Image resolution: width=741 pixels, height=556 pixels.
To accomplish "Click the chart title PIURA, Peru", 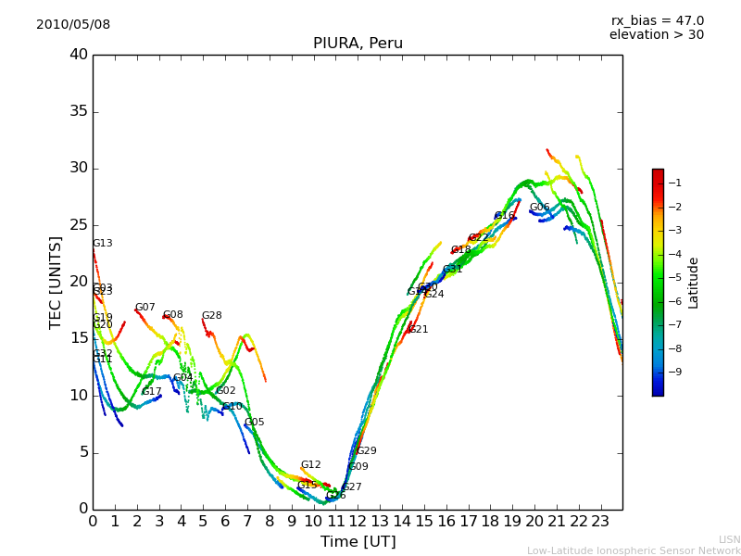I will [x=358, y=44].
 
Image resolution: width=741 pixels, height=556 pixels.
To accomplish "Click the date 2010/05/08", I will [x=73, y=25].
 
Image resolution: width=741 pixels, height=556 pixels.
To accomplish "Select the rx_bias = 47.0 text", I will [x=657, y=21].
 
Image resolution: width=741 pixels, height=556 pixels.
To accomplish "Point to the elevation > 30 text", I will [x=656, y=35].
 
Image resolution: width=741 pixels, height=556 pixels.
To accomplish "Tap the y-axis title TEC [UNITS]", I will [x=56, y=282].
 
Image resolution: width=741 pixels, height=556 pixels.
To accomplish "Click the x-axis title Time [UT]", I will [x=358, y=542].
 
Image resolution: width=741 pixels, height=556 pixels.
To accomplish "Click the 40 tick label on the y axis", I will [x=79, y=55].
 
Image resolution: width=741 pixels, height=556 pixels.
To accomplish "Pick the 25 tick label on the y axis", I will [x=79, y=225].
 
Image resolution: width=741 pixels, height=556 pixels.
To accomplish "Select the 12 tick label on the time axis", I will [x=358, y=521].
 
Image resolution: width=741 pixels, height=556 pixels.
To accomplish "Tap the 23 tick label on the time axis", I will [x=600, y=521].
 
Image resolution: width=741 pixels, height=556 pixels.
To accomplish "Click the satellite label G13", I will [x=103, y=244].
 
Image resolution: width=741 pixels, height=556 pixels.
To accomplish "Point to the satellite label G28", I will [x=212, y=316].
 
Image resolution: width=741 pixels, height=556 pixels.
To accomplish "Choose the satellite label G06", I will [x=540, y=208].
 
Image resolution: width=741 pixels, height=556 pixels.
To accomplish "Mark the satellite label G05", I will [x=255, y=423].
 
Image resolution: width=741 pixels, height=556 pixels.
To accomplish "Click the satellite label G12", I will [x=311, y=465].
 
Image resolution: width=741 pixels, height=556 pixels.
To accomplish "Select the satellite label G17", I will [x=152, y=392].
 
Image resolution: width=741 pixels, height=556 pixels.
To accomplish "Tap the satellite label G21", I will [x=419, y=330].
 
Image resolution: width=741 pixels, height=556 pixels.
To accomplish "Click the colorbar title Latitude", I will [x=694, y=283].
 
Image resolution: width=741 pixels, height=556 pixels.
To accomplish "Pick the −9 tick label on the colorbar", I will [x=674, y=373].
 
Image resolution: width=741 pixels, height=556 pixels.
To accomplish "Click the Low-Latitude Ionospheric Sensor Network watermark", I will [x=634, y=551].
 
